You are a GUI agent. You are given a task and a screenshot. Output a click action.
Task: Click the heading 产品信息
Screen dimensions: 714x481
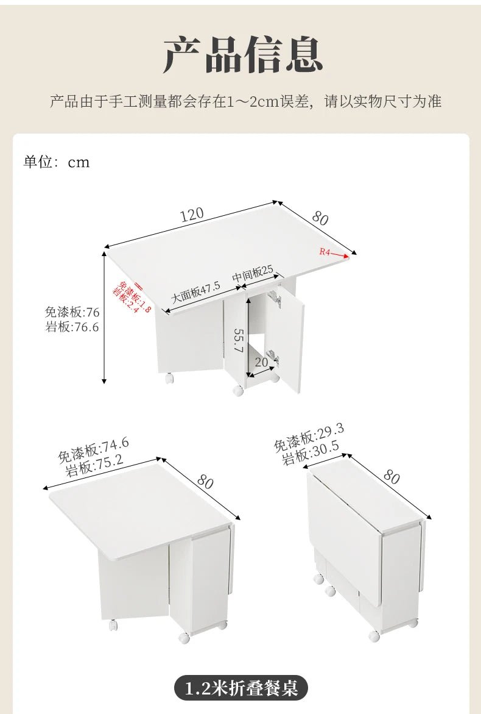tap(242, 55)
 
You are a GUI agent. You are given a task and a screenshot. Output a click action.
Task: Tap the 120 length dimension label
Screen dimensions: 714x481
tap(191, 215)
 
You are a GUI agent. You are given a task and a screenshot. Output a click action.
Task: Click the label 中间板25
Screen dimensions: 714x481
tap(253, 274)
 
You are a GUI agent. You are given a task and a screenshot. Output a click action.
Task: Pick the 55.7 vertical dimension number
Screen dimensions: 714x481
tap(238, 341)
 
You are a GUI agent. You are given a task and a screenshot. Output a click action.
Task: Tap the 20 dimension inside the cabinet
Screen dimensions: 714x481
tap(262, 362)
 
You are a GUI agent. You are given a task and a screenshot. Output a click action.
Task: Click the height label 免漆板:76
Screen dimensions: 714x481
tap(72, 312)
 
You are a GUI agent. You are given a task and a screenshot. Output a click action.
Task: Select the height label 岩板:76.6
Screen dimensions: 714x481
tap(72, 327)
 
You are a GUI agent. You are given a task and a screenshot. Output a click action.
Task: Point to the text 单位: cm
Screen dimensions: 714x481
tap(57, 162)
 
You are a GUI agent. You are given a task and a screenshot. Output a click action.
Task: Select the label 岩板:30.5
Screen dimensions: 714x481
tap(311, 454)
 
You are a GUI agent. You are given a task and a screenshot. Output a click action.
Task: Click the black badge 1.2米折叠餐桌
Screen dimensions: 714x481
tap(241, 688)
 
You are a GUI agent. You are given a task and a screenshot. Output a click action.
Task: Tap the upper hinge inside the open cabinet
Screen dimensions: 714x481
tap(275, 299)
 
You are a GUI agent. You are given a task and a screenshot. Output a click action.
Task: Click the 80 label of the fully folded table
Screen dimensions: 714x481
tap(391, 476)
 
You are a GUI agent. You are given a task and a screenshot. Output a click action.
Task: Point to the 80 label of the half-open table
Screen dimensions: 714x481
tap(205, 481)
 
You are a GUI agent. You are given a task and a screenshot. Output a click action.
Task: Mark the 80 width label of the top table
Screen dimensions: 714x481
tap(320, 218)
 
